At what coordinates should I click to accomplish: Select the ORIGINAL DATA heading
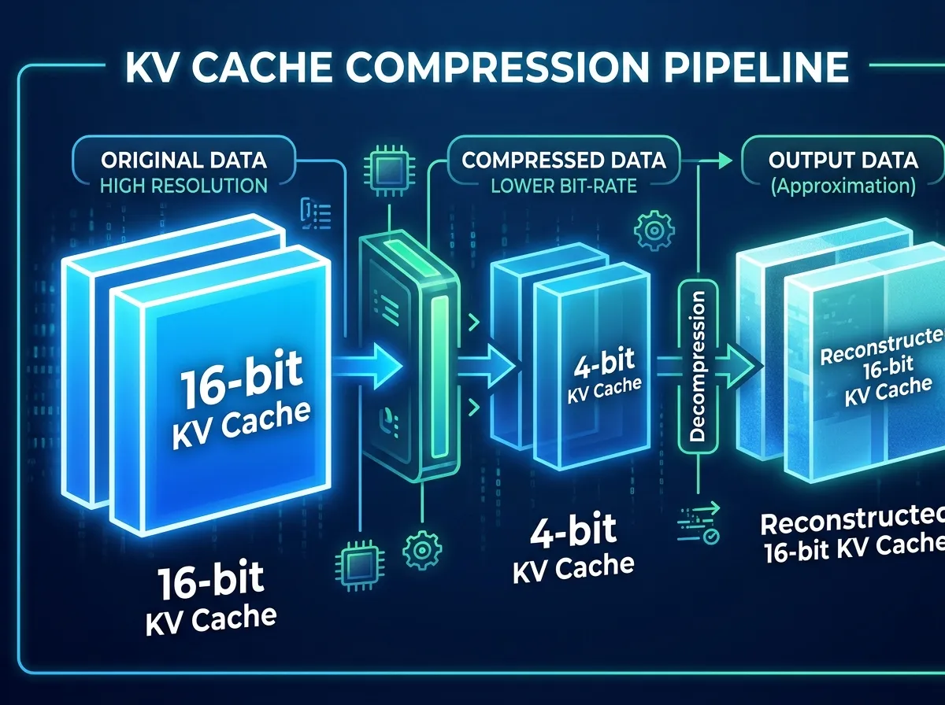183,161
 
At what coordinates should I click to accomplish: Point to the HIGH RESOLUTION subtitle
183,186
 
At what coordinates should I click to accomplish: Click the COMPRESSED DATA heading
564,161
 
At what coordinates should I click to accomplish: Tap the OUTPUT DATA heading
843,161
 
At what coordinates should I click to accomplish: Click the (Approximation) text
843,187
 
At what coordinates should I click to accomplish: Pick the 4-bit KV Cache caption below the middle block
574,548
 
